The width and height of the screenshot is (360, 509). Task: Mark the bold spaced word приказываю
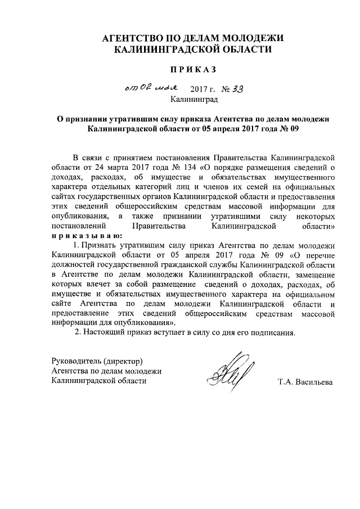82,236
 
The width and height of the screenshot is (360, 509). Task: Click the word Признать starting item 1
100,246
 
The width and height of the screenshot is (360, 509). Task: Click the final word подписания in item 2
272,332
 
